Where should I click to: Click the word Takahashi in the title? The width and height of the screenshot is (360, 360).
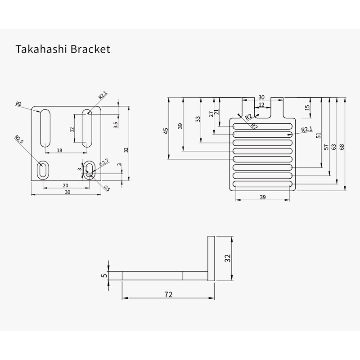(x=37, y=49)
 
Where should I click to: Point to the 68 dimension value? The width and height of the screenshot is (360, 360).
(x=342, y=147)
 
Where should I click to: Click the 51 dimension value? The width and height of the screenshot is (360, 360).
(x=319, y=135)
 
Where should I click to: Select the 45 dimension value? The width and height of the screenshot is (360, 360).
(x=166, y=131)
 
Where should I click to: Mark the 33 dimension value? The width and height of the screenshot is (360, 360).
(x=197, y=119)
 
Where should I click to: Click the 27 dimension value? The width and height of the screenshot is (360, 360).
(x=211, y=114)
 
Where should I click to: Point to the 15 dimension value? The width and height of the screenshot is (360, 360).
(x=307, y=108)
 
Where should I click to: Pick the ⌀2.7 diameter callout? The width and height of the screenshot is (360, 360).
(x=104, y=162)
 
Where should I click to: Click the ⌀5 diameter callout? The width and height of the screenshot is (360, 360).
(x=106, y=188)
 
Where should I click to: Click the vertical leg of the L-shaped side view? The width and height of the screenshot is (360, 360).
(x=211, y=259)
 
